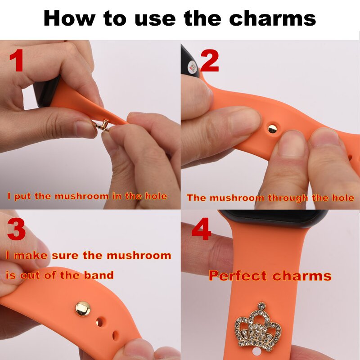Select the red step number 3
(x=17, y=229)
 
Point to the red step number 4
(x=201, y=230)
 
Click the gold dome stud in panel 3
(x=83, y=309)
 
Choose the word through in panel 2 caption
(x=288, y=198)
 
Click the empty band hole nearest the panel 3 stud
(x=101, y=323)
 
